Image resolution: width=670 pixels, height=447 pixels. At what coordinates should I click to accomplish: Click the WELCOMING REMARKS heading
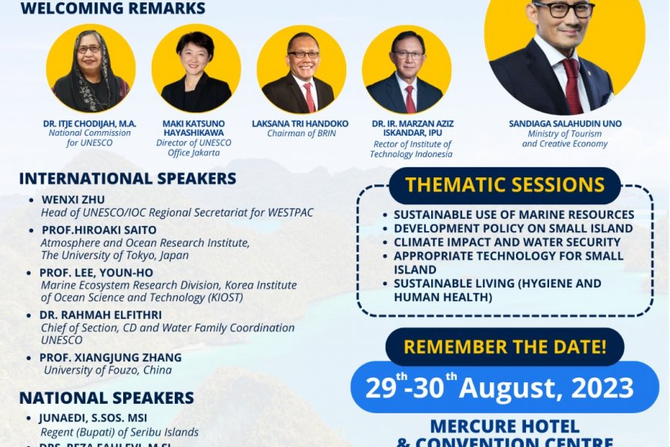(113, 9)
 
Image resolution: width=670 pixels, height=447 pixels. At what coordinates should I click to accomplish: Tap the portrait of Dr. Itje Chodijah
(91, 69)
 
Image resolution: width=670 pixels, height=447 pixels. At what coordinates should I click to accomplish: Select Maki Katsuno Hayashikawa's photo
(196, 69)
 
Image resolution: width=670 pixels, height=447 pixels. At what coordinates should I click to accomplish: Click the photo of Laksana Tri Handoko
(300, 69)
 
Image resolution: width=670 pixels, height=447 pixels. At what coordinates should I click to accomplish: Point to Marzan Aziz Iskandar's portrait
(406, 69)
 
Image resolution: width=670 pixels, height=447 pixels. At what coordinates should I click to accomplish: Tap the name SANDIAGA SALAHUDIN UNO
(565, 123)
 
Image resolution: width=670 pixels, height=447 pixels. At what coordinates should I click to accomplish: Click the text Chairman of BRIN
(300, 133)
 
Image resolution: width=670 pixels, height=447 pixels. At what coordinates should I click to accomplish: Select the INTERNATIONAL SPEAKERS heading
(128, 179)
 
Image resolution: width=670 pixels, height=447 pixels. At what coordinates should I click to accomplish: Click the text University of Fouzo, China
(108, 370)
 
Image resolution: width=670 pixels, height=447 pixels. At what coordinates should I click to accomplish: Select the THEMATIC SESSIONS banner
(505, 186)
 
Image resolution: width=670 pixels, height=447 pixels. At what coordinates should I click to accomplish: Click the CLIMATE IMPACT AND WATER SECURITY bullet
(507, 242)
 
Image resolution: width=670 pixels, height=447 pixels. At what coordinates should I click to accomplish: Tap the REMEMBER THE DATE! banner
(504, 347)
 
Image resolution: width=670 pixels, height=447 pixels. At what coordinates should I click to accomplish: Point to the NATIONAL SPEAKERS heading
(106, 398)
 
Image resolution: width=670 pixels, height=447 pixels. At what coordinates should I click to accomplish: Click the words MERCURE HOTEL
(504, 426)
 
